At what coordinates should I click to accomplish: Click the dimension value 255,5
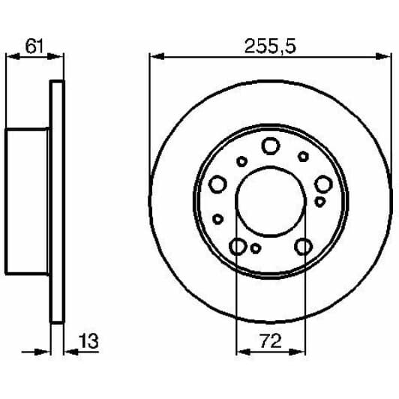[270, 46]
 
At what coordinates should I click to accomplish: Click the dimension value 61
[34, 46]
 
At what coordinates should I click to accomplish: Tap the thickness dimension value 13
[88, 343]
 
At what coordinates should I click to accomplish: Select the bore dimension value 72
[270, 343]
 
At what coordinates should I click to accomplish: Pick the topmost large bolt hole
[270, 147]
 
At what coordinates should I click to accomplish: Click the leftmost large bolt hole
[217, 184]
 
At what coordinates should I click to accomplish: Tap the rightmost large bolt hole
[323, 184]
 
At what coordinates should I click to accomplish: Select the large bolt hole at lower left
[238, 246]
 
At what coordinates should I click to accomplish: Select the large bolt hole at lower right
[303, 246]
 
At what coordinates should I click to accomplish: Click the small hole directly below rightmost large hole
[320, 202]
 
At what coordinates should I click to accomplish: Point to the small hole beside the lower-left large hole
[256, 248]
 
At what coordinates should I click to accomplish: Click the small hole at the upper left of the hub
[241, 161]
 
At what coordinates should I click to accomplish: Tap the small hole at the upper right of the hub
[303, 156]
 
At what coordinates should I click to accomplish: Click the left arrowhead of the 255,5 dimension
[154, 56]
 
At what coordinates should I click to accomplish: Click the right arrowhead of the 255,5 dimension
[388, 56]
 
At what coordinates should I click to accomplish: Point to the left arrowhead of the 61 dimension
[10, 56]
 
